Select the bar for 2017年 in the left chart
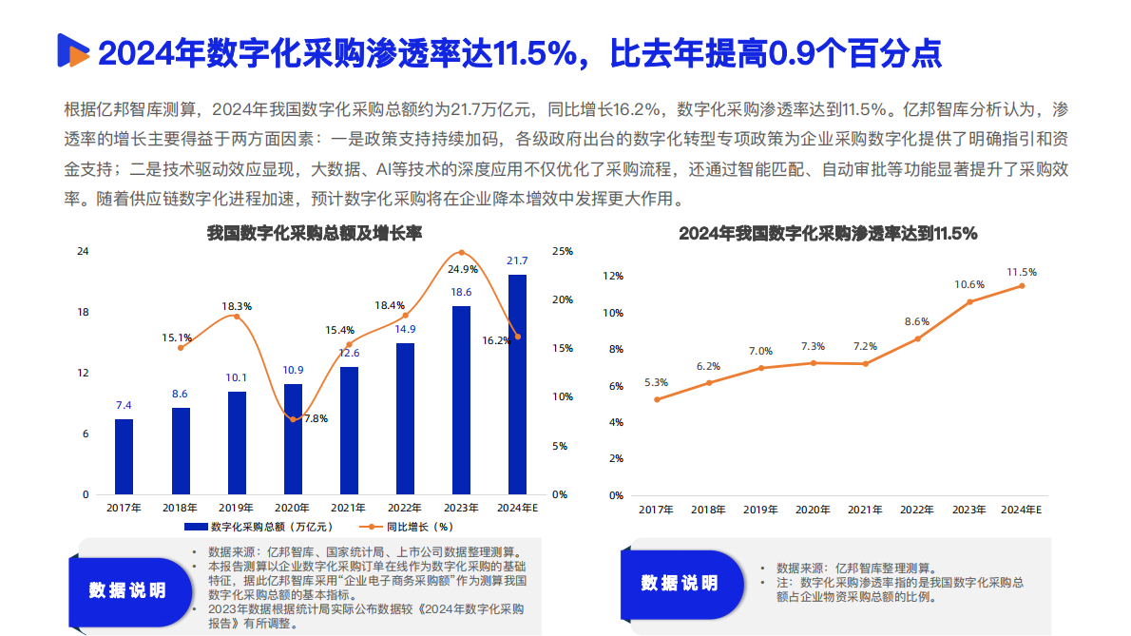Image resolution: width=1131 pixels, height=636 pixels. click(x=124, y=456)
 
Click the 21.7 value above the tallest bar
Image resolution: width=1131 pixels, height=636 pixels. click(x=517, y=260)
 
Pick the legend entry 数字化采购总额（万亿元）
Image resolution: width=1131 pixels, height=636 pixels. click(x=259, y=526)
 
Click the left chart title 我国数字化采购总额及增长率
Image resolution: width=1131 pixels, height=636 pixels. click(x=315, y=233)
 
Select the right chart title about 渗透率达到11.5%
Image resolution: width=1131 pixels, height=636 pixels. click(x=828, y=233)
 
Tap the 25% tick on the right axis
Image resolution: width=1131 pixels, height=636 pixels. click(x=562, y=251)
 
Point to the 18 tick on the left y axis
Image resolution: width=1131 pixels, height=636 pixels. click(x=83, y=312)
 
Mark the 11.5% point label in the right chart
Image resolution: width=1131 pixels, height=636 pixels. click(x=1022, y=272)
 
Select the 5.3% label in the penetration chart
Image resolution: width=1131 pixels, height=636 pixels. click(x=656, y=382)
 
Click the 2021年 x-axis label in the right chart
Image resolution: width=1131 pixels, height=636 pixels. click(x=865, y=511)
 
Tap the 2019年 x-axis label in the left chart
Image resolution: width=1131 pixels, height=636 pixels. click(x=236, y=509)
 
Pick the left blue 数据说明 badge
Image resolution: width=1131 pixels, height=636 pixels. click(x=127, y=589)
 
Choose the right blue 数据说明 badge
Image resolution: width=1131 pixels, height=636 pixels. click(x=679, y=583)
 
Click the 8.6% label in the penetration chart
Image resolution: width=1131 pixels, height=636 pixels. click(x=917, y=321)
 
